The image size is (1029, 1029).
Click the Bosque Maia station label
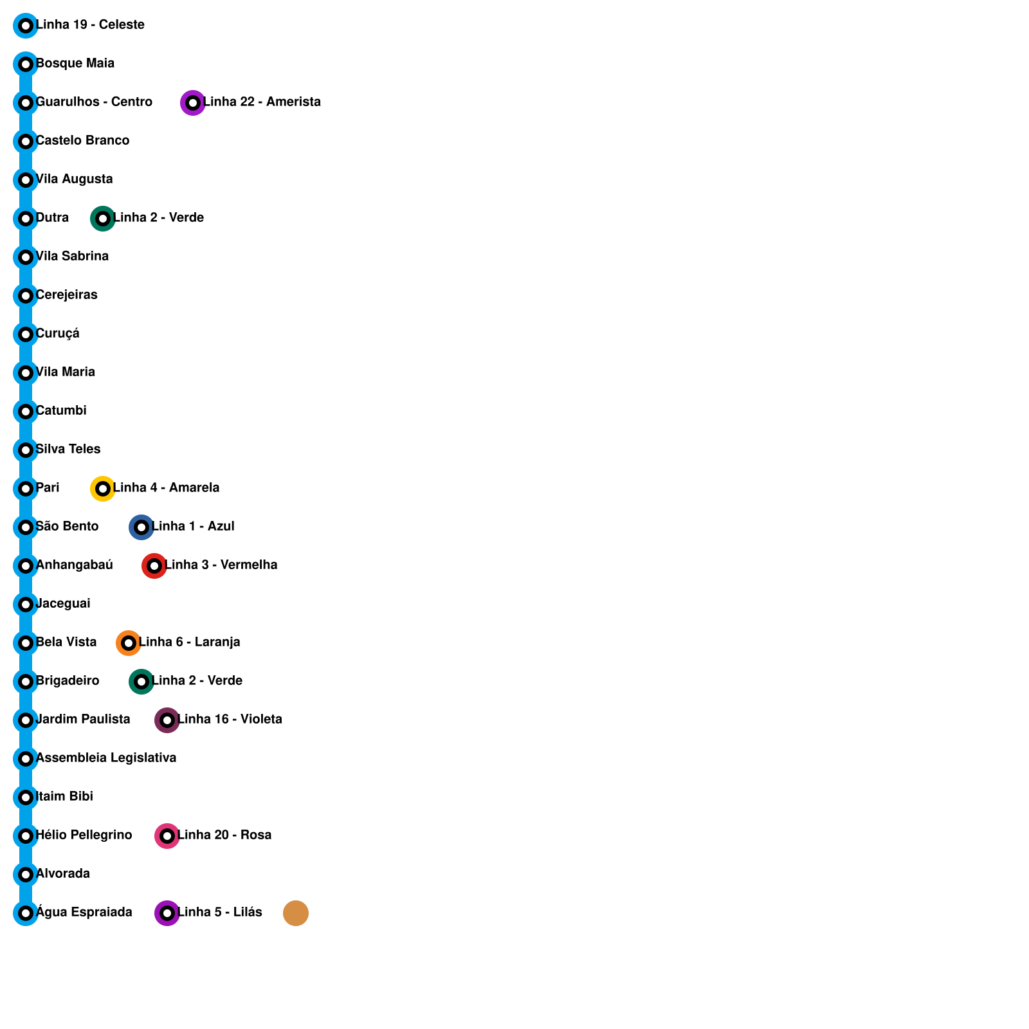[x=75, y=64]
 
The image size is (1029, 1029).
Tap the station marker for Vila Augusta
[x=26, y=180]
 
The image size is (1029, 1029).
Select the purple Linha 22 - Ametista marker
[x=192, y=103]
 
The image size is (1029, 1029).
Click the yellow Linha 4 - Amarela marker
[x=102, y=489]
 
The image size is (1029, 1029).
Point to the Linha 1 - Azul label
[x=193, y=527]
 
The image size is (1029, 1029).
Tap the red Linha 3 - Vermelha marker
[x=154, y=566]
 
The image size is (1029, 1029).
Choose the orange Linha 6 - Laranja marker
[x=128, y=643]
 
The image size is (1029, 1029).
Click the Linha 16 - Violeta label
[x=230, y=720]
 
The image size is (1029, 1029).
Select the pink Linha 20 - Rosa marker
[x=167, y=836]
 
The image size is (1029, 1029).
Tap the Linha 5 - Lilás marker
[x=167, y=913]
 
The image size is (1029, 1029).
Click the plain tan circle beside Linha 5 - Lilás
[x=296, y=913]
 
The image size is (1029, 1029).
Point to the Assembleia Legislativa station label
[x=106, y=758]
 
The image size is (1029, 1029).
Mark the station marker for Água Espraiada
[x=26, y=913]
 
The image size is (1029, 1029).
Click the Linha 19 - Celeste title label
[x=90, y=25]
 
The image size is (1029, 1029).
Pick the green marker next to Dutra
[x=102, y=219]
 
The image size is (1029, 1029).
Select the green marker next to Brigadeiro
[x=141, y=682]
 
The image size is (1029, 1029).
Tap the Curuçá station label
[x=58, y=334]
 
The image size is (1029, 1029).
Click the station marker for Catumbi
[x=26, y=412]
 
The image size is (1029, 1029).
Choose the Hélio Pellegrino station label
[x=84, y=835]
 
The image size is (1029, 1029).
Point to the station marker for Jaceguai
[x=26, y=605]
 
